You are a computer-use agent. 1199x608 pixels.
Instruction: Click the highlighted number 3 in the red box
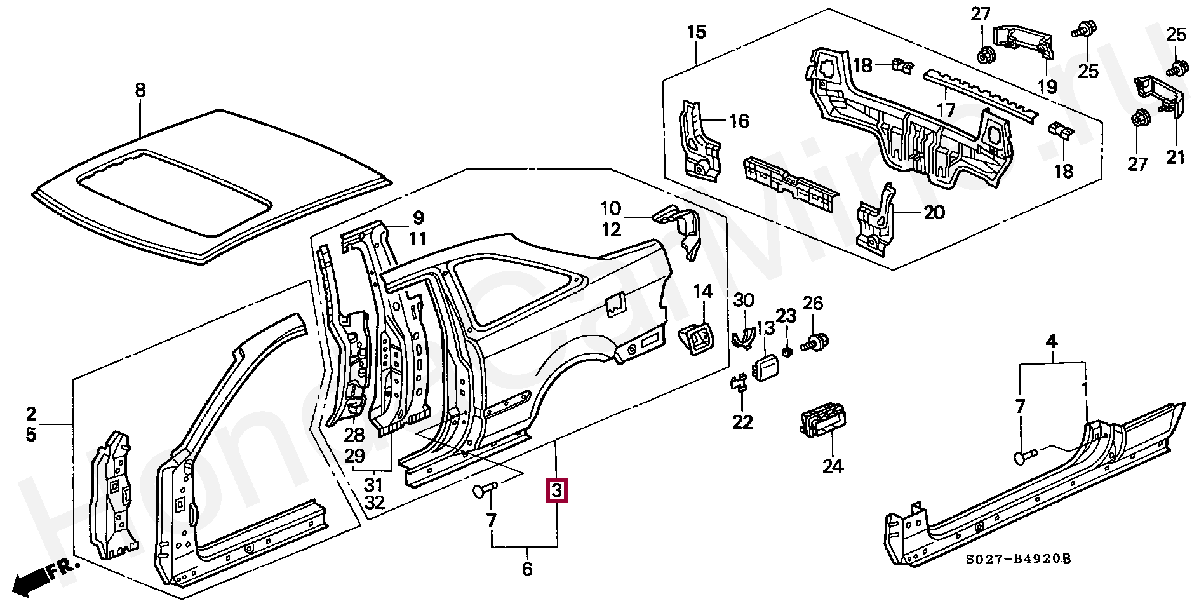(556, 490)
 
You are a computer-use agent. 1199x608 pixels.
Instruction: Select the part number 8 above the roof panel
(140, 90)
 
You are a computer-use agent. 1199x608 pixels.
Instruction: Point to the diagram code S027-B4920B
(1018, 559)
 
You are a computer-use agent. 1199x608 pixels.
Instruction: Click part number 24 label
(833, 466)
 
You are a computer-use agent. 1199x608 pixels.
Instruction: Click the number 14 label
(702, 292)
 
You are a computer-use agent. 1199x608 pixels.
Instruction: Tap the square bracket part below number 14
(697, 341)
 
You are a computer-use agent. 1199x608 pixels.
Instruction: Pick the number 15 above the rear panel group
(697, 32)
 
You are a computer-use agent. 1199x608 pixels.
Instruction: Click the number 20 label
(934, 212)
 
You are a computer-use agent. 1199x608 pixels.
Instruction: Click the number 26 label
(813, 304)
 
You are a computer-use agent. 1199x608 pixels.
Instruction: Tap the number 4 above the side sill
(1052, 342)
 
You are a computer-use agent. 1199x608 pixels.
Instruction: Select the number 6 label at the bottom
(527, 569)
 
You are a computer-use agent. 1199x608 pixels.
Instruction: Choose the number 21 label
(1176, 156)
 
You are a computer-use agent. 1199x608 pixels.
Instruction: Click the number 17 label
(946, 111)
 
